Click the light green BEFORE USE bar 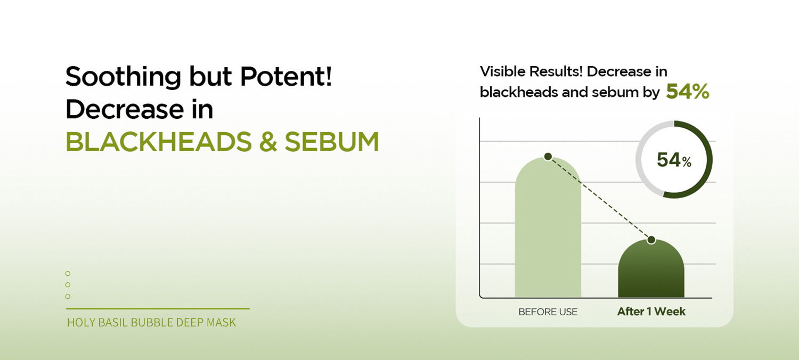point(548,228)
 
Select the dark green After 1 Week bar point(651,269)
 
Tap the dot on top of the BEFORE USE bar point(548,156)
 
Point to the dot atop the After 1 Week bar point(651,240)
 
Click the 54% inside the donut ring point(674,160)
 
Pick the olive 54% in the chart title point(688,92)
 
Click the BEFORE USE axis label point(548,312)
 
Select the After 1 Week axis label point(651,312)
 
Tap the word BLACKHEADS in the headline point(159,142)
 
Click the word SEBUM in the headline point(332,142)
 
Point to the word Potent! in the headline point(286,76)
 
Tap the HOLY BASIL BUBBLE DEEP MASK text point(152,323)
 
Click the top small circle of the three point(68,273)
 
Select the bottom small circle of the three point(68,296)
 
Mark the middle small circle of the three point(68,285)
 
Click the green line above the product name point(158,309)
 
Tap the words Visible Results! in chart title point(531,71)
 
